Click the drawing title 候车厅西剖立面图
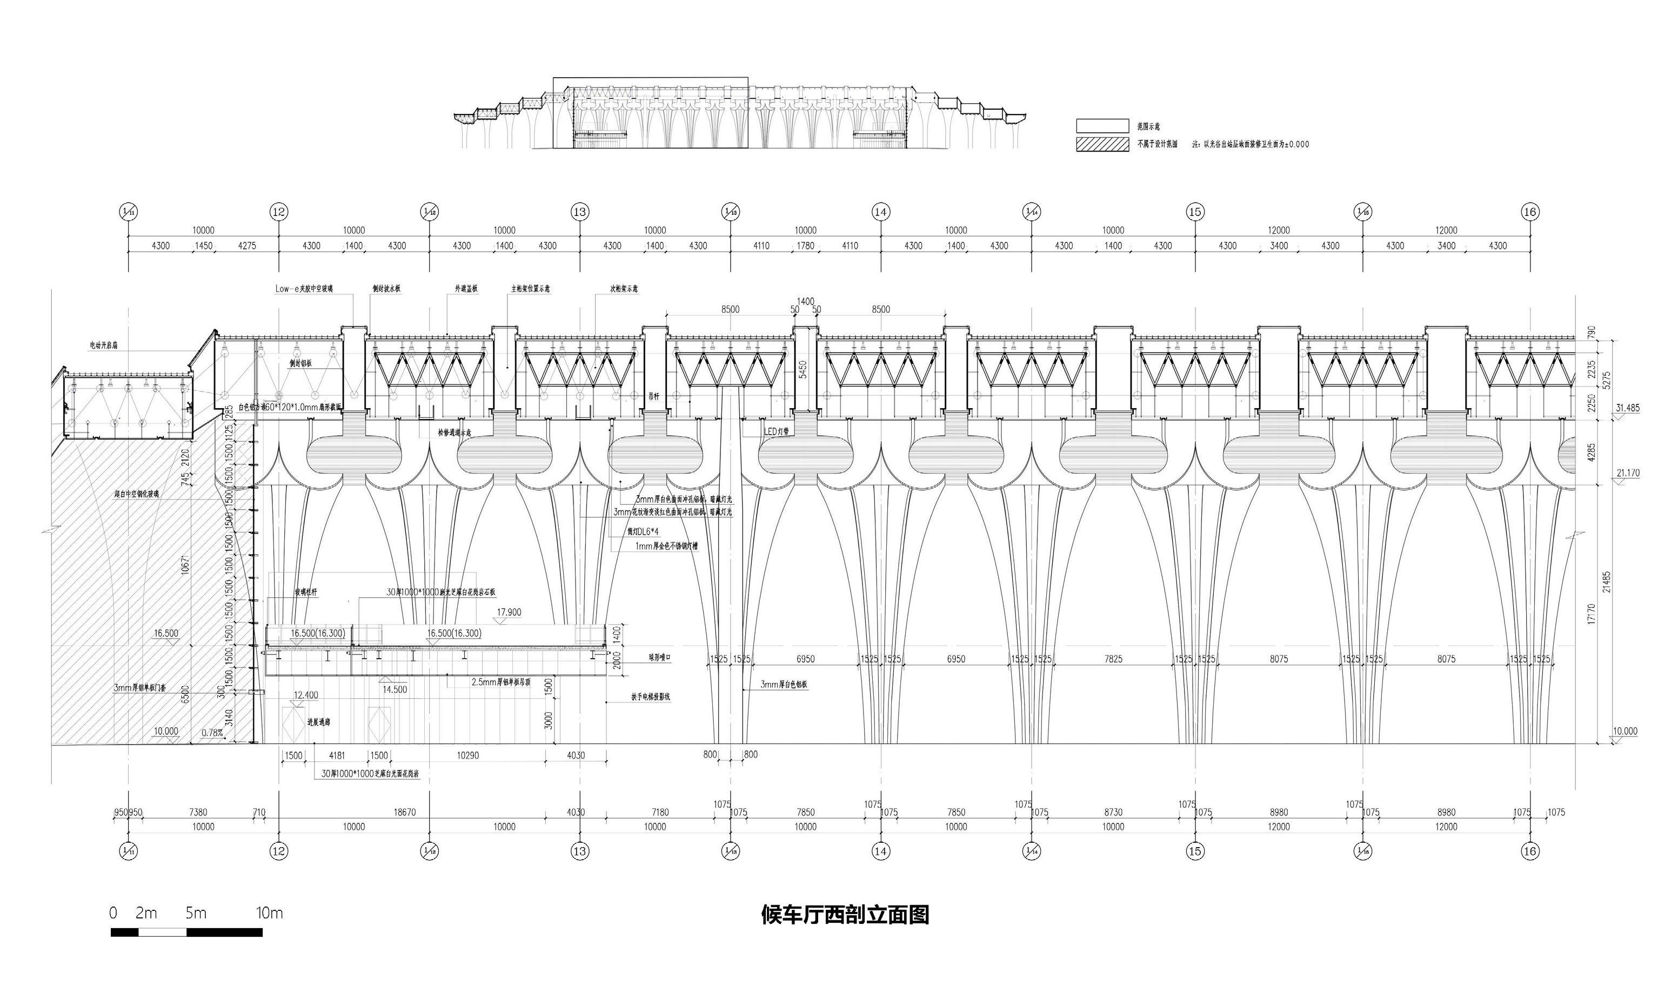coord(845,915)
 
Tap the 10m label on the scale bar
coord(270,913)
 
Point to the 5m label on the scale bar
coord(196,913)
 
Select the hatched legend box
coord(1102,144)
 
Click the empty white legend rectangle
coord(1102,126)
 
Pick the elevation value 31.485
coord(1627,408)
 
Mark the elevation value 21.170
coord(1627,474)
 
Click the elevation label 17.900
coord(509,612)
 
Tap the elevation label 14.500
coord(395,689)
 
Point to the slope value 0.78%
coord(212,733)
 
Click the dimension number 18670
coord(405,812)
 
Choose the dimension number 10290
coord(468,755)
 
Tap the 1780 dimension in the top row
coord(805,246)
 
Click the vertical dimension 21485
coord(1607,582)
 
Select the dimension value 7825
coord(1113,659)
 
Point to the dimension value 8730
coord(1113,812)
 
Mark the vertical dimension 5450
coord(803,369)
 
